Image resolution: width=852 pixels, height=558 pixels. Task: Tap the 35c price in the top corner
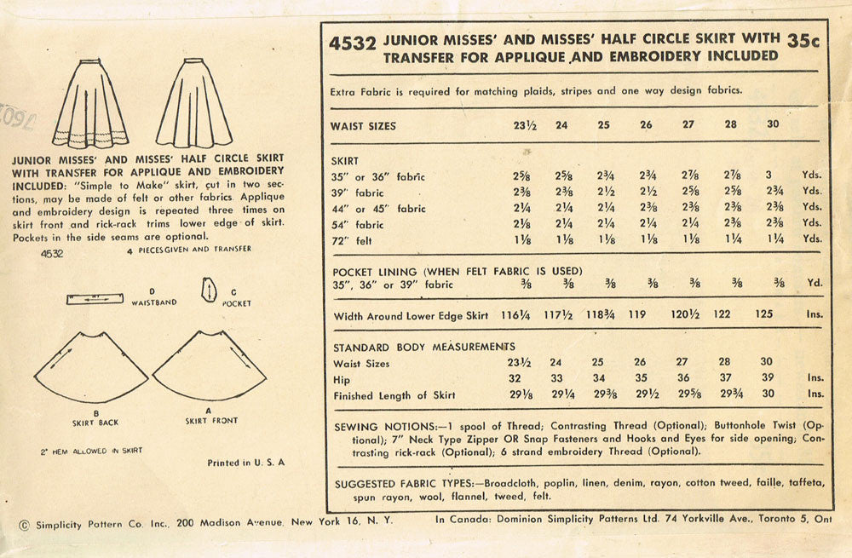pyautogui.click(x=806, y=39)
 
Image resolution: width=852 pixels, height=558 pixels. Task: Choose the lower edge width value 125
pyautogui.click(x=764, y=314)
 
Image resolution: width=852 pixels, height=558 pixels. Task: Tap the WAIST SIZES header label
pyautogui.click(x=363, y=126)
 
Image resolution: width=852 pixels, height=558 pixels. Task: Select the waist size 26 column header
pyautogui.click(x=646, y=125)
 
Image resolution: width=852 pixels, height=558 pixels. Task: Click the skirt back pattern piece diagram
pyautogui.click(x=90, y=368)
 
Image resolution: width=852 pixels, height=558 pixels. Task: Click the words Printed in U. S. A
pyautogui.click(x=246, y=463)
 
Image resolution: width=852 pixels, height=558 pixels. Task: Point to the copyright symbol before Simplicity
pyautogui.click(x=22, y=525)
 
